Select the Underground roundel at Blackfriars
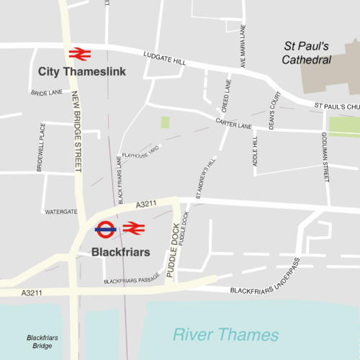(106, 230)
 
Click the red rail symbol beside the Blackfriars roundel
(134, 228)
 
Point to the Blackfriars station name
(121, 252)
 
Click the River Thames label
(225, 335)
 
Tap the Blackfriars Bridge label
(42, 342)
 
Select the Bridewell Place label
(41, 147)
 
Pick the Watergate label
(61, 212)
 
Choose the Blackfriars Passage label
(132, 282)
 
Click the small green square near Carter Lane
(166, 122)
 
